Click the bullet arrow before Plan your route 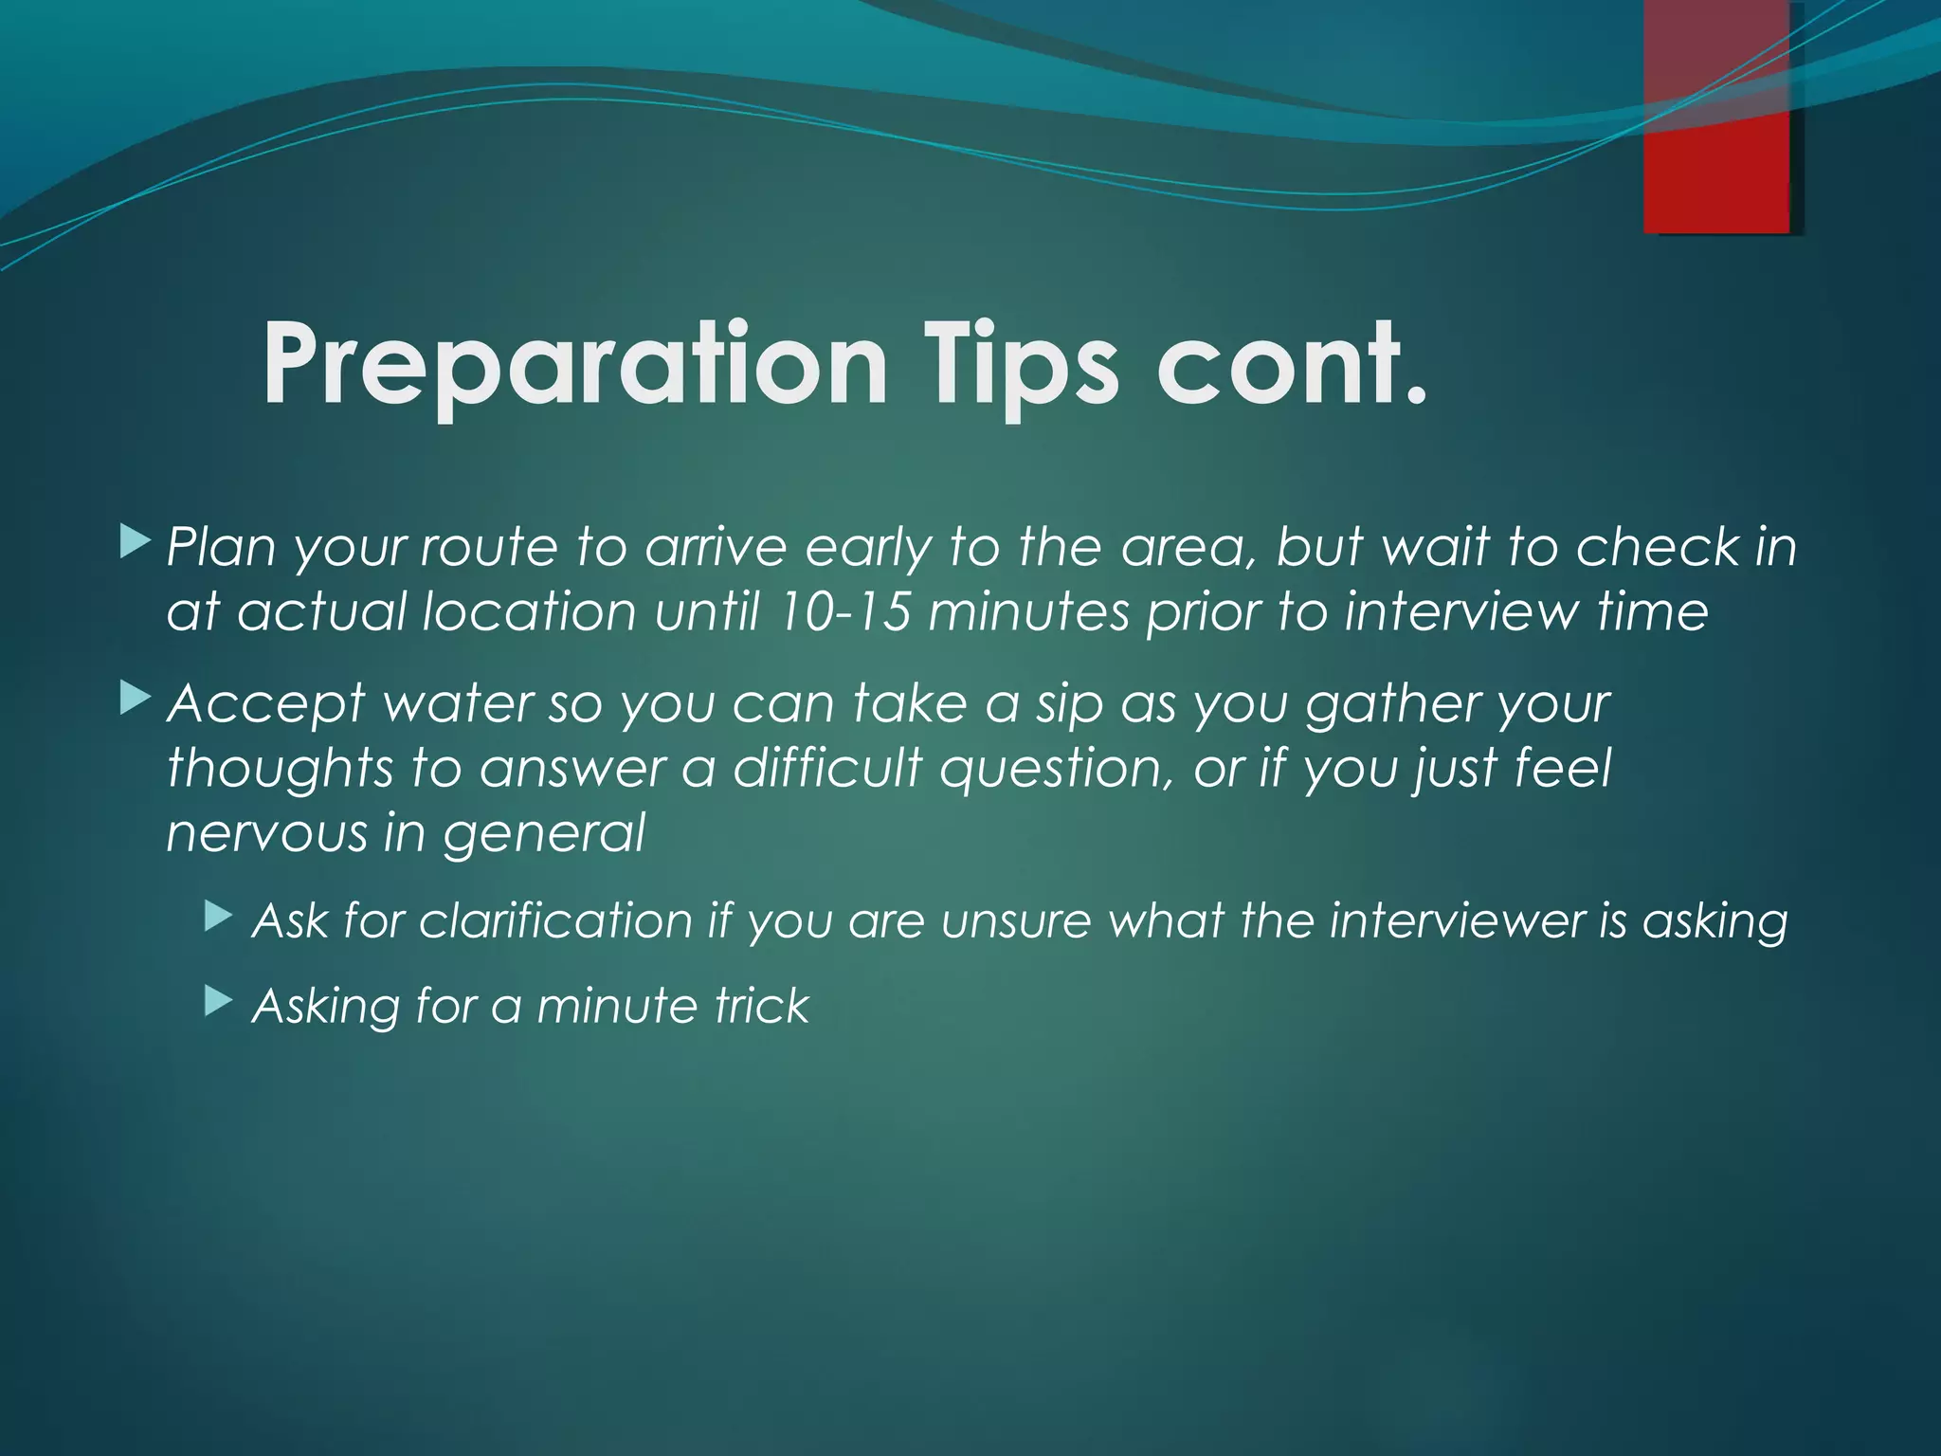tap(136, 543)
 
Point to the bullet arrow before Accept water tap(136, 701)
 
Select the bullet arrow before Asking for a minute tap(219, 1001)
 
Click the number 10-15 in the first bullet tap(843, 612)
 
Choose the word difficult tap(827, 768)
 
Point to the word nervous tap(266, 833)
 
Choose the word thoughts tap(280, 768)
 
